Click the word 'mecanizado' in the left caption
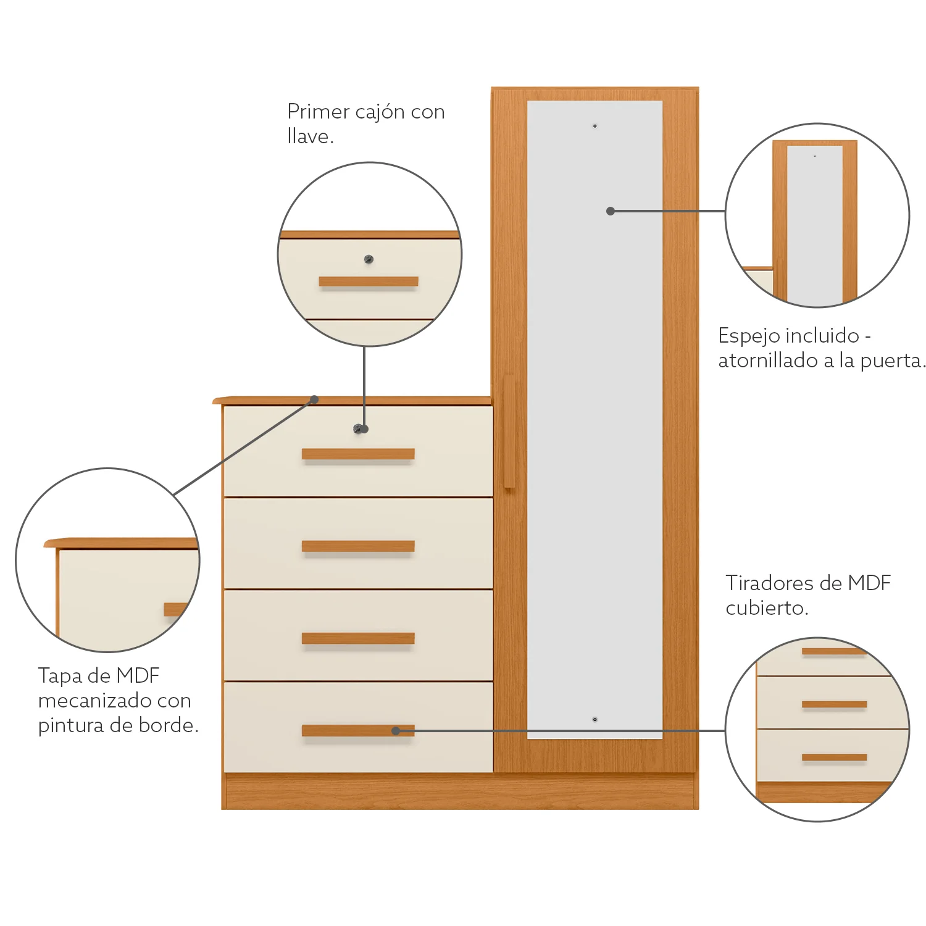tap(93, 701)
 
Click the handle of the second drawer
tap(358, 546)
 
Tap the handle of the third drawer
tap(358, 638)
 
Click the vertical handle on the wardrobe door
tap(509, 432)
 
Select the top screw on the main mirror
tap(595, 126)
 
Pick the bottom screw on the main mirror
tap(595, 719)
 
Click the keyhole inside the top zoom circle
tap(369, 259)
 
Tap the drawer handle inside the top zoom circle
tap(369, 282)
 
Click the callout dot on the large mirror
tap(611, 211)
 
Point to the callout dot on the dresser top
tap(314, 399)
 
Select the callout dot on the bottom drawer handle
tap(396, 731)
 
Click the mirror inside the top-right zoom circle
tap(815, 225)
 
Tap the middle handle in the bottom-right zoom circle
tap(834, 704)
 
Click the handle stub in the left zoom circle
tap(175, 609)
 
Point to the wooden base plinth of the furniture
tap(460, 791)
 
